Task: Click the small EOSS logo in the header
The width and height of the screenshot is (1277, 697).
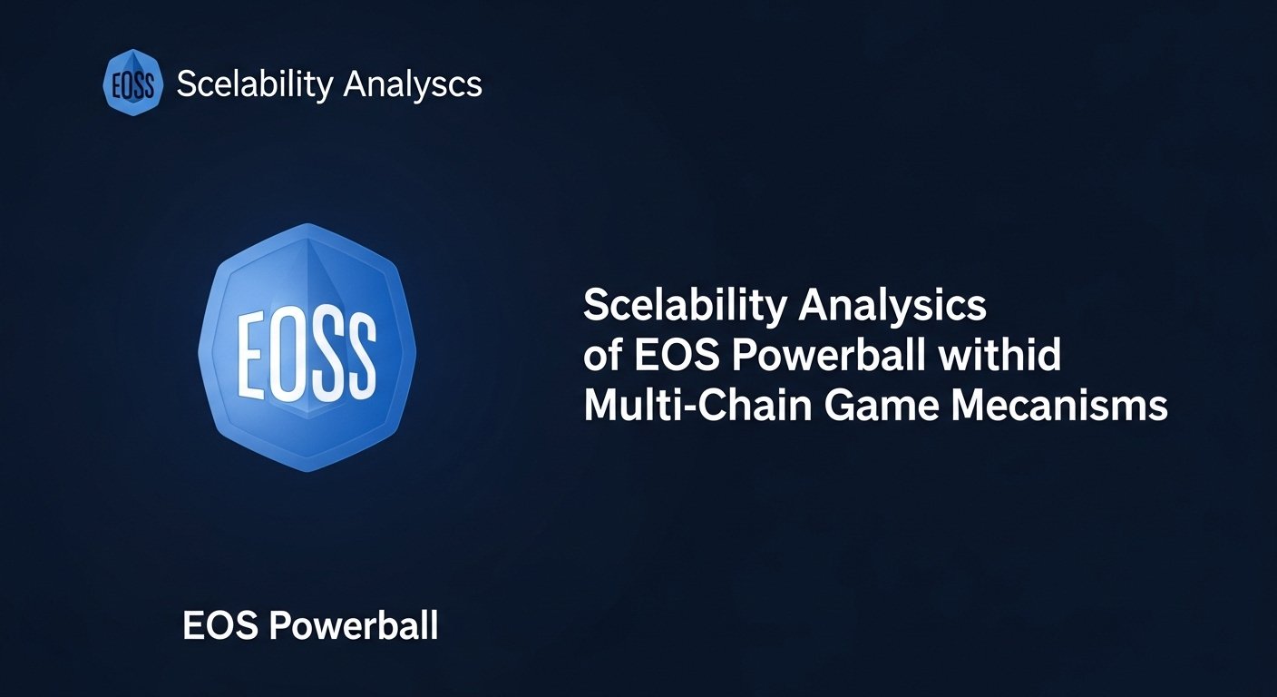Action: pos(132,83)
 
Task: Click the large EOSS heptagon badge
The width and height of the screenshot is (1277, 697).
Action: pos(307,348)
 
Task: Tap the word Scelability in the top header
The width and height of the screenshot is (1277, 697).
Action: pos(255,84)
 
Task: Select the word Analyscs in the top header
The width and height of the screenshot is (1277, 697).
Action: pos(413,84)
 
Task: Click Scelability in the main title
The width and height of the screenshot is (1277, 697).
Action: pos(686,306)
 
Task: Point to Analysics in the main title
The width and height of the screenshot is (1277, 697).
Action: pos(892,306)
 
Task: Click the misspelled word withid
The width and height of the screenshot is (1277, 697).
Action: pos(999,355)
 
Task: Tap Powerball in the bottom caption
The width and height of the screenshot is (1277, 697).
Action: pos(354,625)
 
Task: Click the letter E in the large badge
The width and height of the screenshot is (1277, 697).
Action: pos(249,354)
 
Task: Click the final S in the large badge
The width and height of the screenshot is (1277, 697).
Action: pos(359,354)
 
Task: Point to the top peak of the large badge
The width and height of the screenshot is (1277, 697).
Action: pos(307,223)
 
